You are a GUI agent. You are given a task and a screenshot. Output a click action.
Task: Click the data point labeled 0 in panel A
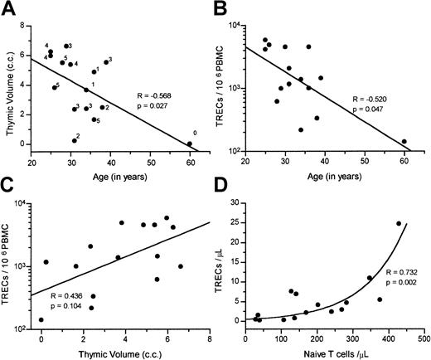(189, 144)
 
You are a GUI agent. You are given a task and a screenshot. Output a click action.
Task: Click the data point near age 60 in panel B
(404, 142)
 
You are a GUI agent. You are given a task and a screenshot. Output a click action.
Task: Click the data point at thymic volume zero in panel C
(41, 319)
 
